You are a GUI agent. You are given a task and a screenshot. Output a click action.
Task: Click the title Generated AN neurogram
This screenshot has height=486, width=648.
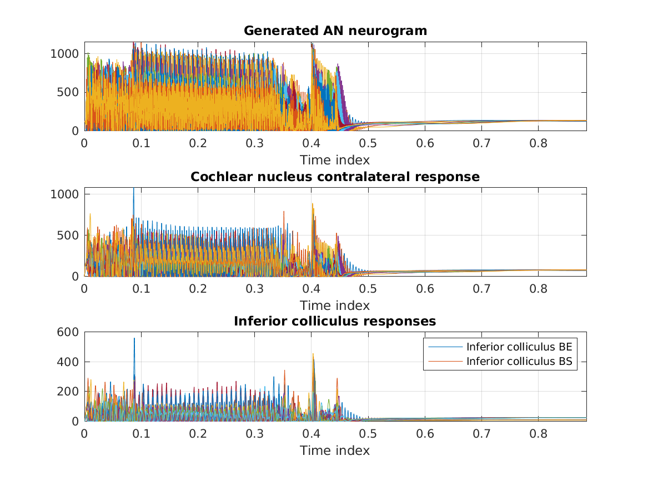click(x=335, y=31)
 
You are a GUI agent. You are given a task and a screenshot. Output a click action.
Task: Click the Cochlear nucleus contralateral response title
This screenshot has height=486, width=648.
click(x=335, y=177)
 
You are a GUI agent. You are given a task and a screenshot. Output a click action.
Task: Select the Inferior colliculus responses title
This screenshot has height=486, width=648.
click(x=335, y=321)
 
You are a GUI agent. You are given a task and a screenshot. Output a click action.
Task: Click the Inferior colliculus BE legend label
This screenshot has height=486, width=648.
click(x=519, y=347)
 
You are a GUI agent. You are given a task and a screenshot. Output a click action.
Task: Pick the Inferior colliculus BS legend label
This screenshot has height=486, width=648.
click(x=519, y=362)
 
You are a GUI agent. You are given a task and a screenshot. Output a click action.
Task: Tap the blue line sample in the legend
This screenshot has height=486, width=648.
click(x=445, y=347)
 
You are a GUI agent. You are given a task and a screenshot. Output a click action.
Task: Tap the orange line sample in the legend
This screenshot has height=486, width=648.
click(x=445, y=362)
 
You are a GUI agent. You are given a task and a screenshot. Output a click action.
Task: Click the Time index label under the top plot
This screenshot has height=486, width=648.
click(x=335, y=160)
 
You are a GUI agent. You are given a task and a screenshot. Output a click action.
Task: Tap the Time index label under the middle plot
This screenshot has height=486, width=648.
click(x=335, y=305)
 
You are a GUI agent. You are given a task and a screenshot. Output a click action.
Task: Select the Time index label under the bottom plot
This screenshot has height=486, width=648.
click(x=335, y=450)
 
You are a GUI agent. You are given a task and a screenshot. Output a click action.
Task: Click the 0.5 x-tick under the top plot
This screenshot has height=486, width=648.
click(x=368, y=142)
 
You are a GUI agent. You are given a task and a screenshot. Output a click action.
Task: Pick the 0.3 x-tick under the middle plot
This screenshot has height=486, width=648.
click(x=254, y=288)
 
